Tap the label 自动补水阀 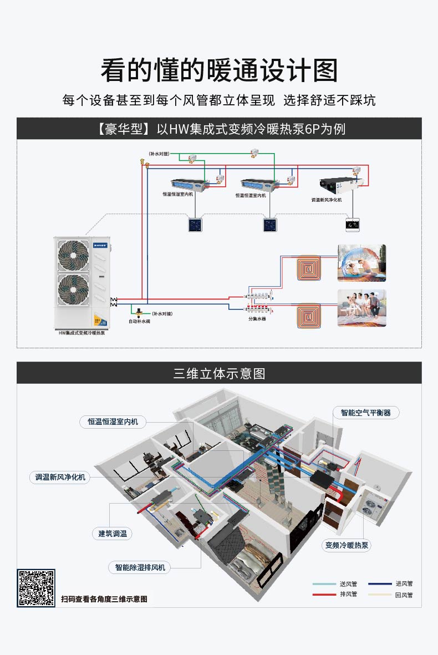[139, 321]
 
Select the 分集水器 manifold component [257, 300]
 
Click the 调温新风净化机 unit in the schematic [337, 184]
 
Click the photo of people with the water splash [361, 263]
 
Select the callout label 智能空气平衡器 [366, 413]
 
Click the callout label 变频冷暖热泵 [347, 546]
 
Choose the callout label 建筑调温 [113, 534]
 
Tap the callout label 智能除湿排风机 [140, 567]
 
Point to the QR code [36, 588]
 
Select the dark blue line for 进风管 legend [380, 583]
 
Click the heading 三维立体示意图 [219, 374]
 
